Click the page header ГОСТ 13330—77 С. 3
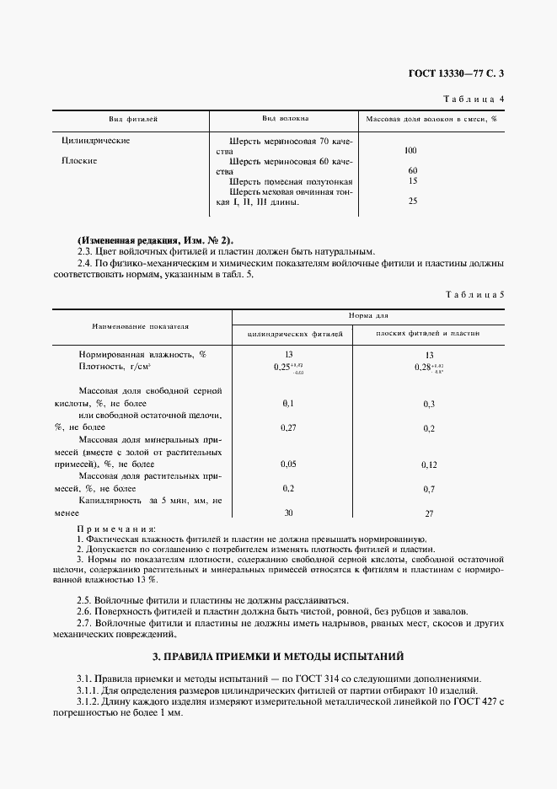coord(455,73)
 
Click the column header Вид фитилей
coord(134,120)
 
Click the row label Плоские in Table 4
coord(80,159)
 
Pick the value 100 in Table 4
coord(410,150)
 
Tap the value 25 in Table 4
coord(412,201)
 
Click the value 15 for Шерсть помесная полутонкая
coord(412,180)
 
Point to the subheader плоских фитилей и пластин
coord(428,334)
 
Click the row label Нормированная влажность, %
coord(142,355)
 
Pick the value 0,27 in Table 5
coord(289,428)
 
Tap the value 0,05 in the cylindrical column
coord(289,464)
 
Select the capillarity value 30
coord(289,513)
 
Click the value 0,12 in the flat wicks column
coord(429,464)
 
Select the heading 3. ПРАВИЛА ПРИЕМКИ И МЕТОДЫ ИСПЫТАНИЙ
coord(278,655)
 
